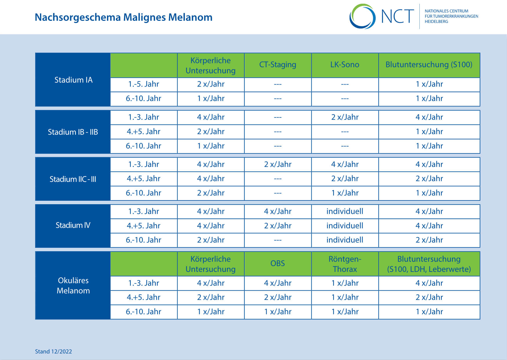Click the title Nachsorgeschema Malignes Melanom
(x=123, y=17)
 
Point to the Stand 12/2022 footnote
(x=53, y=351)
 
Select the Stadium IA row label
(x=73, y=80)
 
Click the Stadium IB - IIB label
(x=73, y=132)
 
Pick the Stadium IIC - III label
(x=73, y=179)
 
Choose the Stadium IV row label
(x=73, y=225)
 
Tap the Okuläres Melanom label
(x=73, y=285)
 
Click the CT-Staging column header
(x=278, y=64)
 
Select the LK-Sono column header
(x=345, y=64)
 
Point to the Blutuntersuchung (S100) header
(x=429, y=64)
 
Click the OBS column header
(x=278, y=263)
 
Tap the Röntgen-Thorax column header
(x=345, y=264)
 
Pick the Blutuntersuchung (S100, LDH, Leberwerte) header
(x=429, y=264)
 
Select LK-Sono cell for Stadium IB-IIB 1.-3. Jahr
(x=345, y=117)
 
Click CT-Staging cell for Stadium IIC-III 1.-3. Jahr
(x=278, y=164)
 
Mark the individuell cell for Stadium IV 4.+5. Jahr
(x=345, y=226)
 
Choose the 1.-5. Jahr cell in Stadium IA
(x=143, y=84)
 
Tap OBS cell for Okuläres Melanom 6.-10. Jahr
(x=278, y=312)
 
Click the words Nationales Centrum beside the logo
(x=446, y=11)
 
